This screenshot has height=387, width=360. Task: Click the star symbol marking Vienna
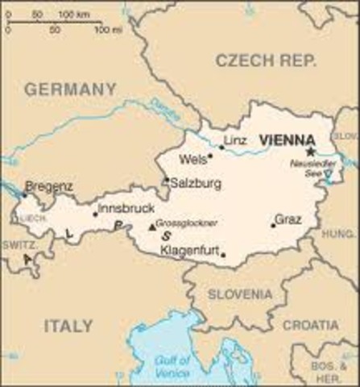(309, 151)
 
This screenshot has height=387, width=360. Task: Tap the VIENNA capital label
(282, 140)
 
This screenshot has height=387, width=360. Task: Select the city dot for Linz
(221, 148)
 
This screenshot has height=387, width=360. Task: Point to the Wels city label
(193, 159)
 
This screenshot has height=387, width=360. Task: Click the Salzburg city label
(195, 184)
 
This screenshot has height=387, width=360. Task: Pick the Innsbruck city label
(125, 208)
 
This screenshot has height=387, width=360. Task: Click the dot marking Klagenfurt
(223, 256)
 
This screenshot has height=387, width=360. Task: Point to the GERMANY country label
(70, 89)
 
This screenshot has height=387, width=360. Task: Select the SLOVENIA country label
(240, 294)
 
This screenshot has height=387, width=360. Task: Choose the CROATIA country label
(310, 325)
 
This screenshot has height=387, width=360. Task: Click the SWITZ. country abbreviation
(18, 243)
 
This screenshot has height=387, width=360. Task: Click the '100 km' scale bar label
(73, 15)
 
